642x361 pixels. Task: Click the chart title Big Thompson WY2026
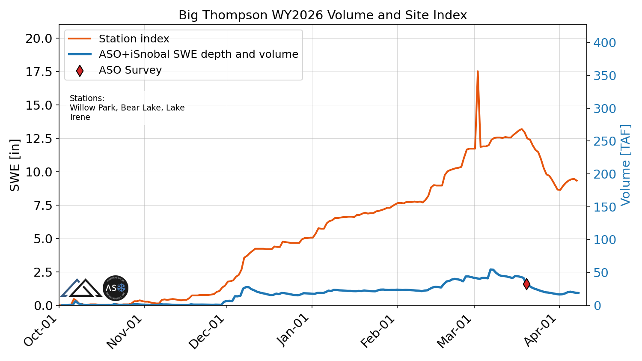322,15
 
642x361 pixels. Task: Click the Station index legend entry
134,39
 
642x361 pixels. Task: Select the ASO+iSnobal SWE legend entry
198,54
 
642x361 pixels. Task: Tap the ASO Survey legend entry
130,70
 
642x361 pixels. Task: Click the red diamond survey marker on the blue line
526,283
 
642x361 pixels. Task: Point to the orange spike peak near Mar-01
478,72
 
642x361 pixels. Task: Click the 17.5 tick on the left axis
39,72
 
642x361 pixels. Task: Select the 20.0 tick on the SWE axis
39,39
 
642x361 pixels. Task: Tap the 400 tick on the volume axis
604,43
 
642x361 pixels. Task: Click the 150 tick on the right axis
604,207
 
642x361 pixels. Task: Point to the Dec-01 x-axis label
206,332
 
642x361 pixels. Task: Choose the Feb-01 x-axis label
377,332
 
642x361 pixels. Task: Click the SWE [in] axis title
15,165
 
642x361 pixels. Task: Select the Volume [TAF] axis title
626,165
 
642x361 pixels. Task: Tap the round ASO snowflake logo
116,288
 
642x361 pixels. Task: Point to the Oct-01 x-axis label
41,332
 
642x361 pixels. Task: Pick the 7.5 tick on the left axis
42,206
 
